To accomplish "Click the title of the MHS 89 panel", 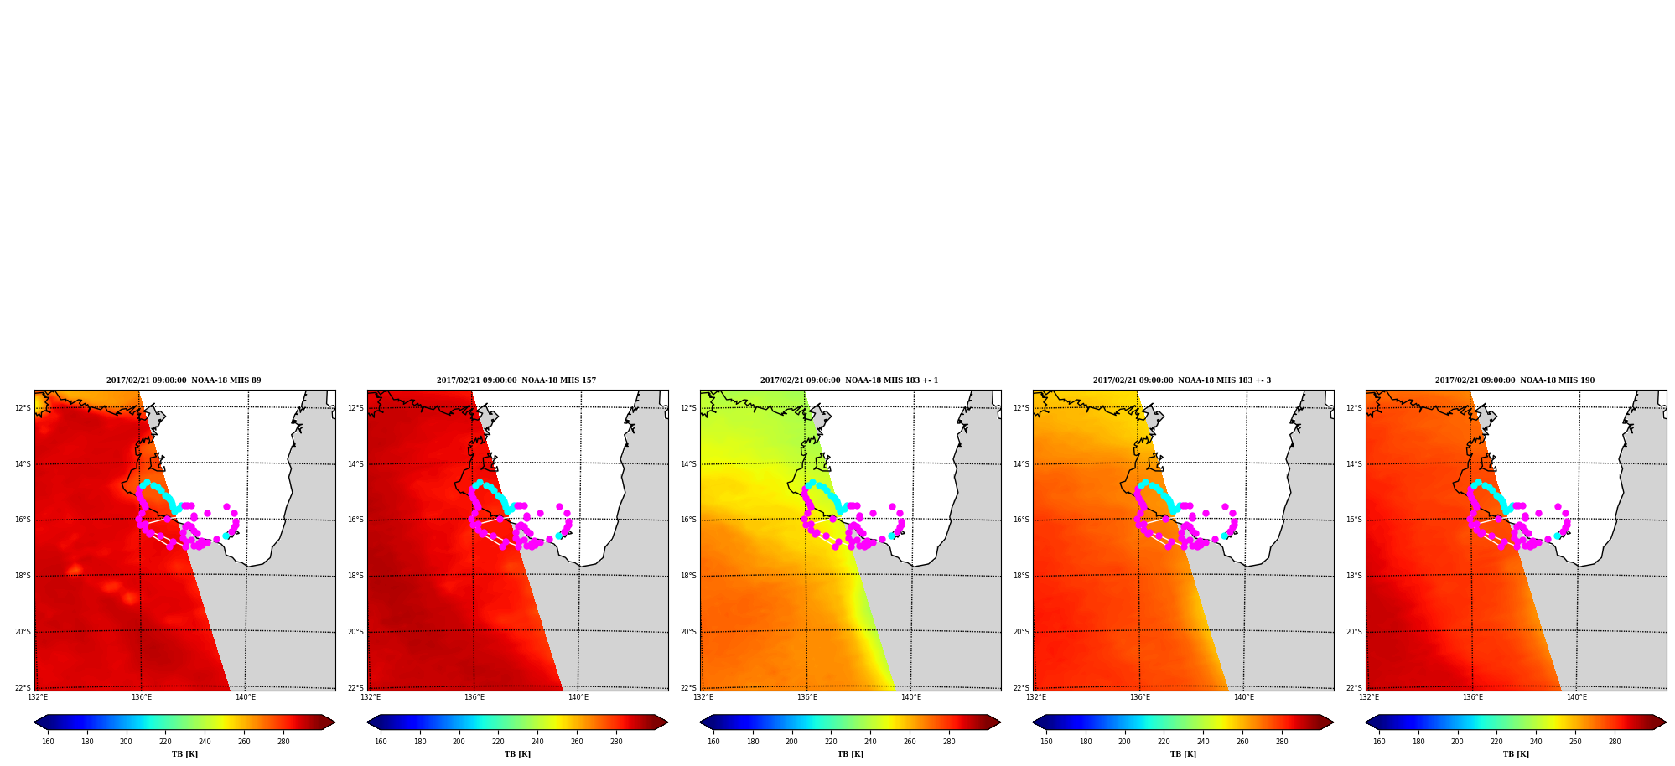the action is (184, 380).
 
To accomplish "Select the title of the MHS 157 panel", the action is (516, 380).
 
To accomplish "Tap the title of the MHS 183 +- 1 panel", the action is (849, 380).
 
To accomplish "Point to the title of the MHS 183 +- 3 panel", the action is (1182, 380).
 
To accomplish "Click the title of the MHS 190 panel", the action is (1515, 380).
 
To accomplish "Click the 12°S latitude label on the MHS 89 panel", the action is (23, 408).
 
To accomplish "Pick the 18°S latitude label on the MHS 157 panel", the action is (355, 576).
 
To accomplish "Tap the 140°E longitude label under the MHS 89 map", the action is (246, 697).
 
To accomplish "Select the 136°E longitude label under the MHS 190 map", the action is (1473, 697).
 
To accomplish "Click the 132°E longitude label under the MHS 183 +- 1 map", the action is (703, 697).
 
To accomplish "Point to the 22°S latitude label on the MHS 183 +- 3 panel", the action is (1021, 688).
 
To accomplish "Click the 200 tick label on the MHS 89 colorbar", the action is (126, 742).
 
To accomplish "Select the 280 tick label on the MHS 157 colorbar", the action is (616, 742).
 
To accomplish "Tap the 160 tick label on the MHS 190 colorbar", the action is (1379, 742).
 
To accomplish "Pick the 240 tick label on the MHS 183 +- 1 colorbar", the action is (870, 742).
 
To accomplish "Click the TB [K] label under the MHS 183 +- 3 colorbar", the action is (1183, 754).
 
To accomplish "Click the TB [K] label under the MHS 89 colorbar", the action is (184, 754).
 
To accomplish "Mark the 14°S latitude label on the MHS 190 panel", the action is (1354, 464).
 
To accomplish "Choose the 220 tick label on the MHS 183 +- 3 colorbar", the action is (1164, 742).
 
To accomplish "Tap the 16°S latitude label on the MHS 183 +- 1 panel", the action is (688, 520).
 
